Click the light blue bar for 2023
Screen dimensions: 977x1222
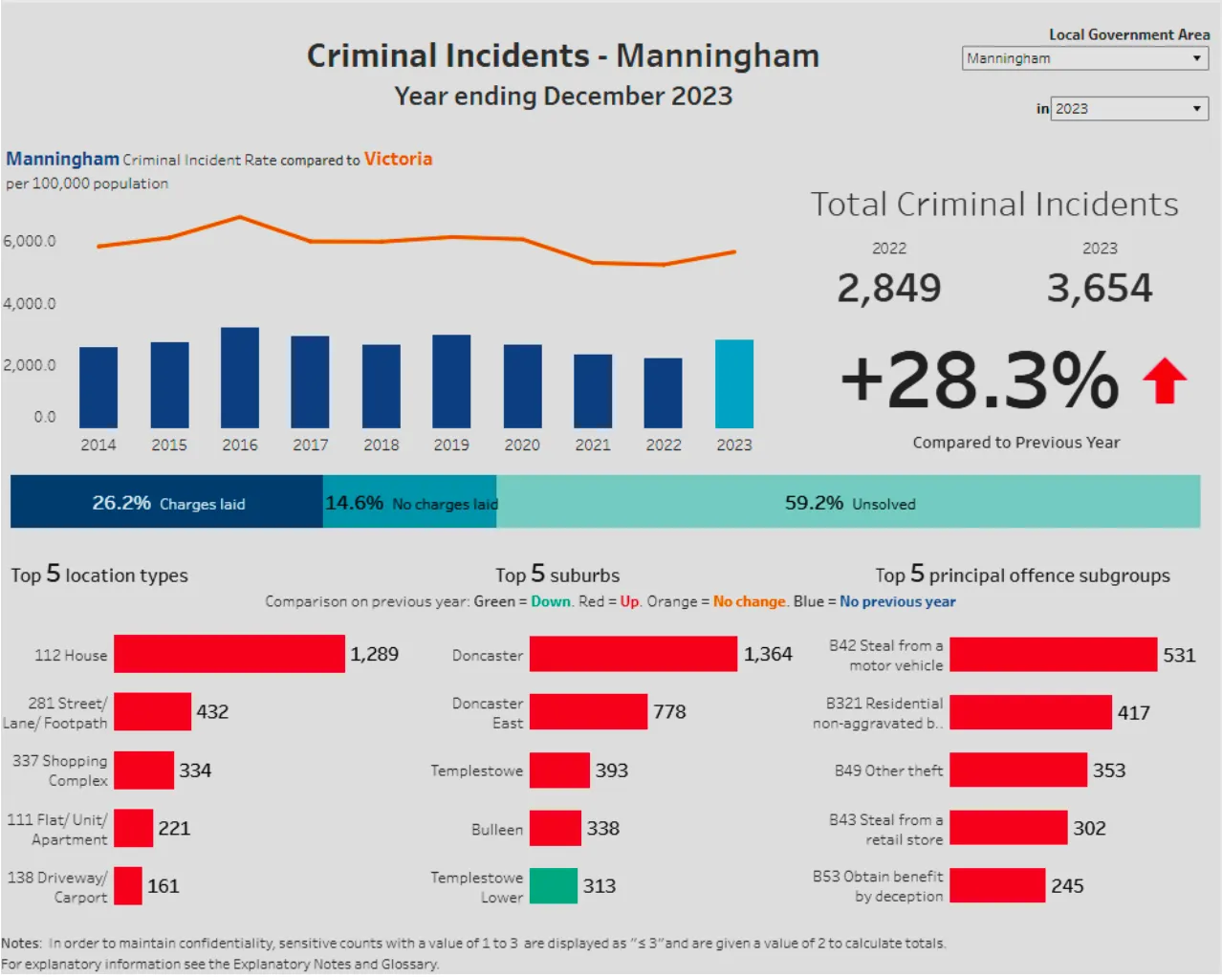coord(733,384)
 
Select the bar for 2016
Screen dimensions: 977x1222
coord(239,378)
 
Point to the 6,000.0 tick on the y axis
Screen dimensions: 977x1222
coord(30,241)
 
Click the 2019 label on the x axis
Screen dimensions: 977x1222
coord(451,445)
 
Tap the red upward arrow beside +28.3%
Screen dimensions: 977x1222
coord(1164,380)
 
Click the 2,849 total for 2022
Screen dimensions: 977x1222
coord(888,288)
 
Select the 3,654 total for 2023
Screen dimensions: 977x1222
coord(1100,288)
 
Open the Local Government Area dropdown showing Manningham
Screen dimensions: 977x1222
coord(1084,58)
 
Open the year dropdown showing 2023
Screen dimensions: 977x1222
coord(1128,109)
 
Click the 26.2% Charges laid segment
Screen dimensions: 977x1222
coord(166,502)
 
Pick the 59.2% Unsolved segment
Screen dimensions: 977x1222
coord(848,502)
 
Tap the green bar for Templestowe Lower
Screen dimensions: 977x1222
coord(553,886)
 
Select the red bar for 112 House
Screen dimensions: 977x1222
coord(229,654)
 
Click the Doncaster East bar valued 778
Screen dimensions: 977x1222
coord(588,712)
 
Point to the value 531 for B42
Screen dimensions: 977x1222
coord(1179,655)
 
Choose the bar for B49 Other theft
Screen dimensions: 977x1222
coord(1017,771)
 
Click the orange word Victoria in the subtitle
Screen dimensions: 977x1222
coord(398,159)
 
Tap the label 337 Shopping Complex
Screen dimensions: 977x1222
coord(60,771)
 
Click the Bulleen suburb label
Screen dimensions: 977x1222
coord(496,830)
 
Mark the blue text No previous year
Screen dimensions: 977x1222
coord(897,601)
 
